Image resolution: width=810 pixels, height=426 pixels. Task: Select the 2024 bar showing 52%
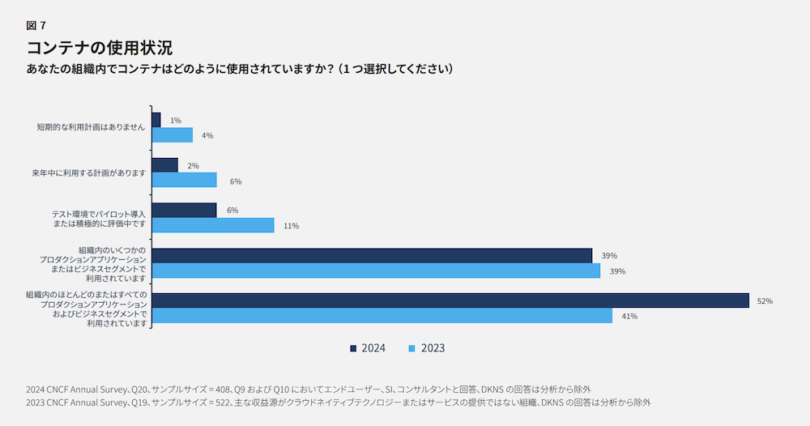[x=450, y=300]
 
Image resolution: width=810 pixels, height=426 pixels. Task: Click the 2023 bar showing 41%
[x=382, y=316]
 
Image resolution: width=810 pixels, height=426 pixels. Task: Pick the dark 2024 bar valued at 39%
[x=372, y=255]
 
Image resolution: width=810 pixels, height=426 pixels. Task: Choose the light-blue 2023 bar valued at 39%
[x=376, y=271]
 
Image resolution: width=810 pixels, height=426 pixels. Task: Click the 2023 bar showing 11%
[x=213, y=225]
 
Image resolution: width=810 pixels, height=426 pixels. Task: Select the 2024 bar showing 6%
[x=184, y=210]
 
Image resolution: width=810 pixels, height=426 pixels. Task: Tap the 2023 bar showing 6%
[x=184, y=180]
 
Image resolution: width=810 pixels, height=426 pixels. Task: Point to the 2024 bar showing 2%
[x=164, y=165]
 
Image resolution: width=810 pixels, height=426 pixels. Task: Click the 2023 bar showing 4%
[x=172, y=135]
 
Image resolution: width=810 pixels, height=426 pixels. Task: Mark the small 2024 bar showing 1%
[x=156, y=120]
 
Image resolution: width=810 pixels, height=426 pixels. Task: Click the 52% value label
[x=765, y=301]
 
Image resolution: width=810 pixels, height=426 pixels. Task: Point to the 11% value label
[x=292, y=226]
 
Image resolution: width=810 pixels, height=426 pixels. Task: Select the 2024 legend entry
[x=368, y=348]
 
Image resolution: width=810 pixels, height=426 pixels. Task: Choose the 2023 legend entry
[x=427, y=348]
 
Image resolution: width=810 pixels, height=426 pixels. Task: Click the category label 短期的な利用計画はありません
[x=91, y=127]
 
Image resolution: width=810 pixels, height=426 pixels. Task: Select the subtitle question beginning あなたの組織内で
[x=240, y=69]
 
